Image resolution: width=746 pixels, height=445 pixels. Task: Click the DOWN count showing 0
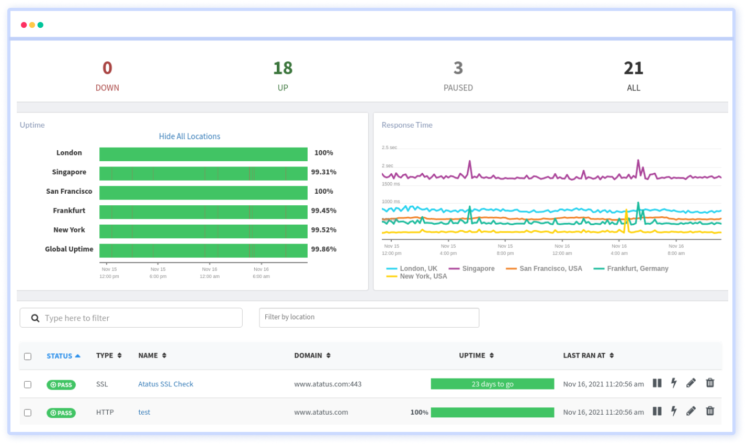(x=107, y=69)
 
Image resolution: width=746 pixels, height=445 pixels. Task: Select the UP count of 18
(x=282, y=69)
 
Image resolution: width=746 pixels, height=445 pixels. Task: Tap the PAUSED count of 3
(x=458, y=69)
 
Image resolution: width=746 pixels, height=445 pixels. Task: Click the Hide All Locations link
(x=189, y=136)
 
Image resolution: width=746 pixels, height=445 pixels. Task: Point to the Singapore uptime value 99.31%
(x=323, y=172)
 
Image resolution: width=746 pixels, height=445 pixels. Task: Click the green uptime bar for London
(x=203, y=154)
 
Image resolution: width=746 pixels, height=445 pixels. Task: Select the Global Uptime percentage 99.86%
(x=323, y=249)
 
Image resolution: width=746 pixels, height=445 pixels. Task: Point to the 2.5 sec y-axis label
(x=389, y=148)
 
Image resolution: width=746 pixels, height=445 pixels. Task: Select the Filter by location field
(x=369, y=318)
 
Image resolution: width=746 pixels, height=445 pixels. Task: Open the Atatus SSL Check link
(x=165, y=384)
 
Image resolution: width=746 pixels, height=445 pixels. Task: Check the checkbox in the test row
(x=28, y=413)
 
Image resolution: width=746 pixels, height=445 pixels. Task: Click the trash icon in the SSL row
(x=710, y=383)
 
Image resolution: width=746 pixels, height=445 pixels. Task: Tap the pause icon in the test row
(x=657, y=411)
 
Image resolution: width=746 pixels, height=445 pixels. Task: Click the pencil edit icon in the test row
(x=691, y=411)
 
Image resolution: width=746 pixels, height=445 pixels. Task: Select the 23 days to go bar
(x=492, y=384)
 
